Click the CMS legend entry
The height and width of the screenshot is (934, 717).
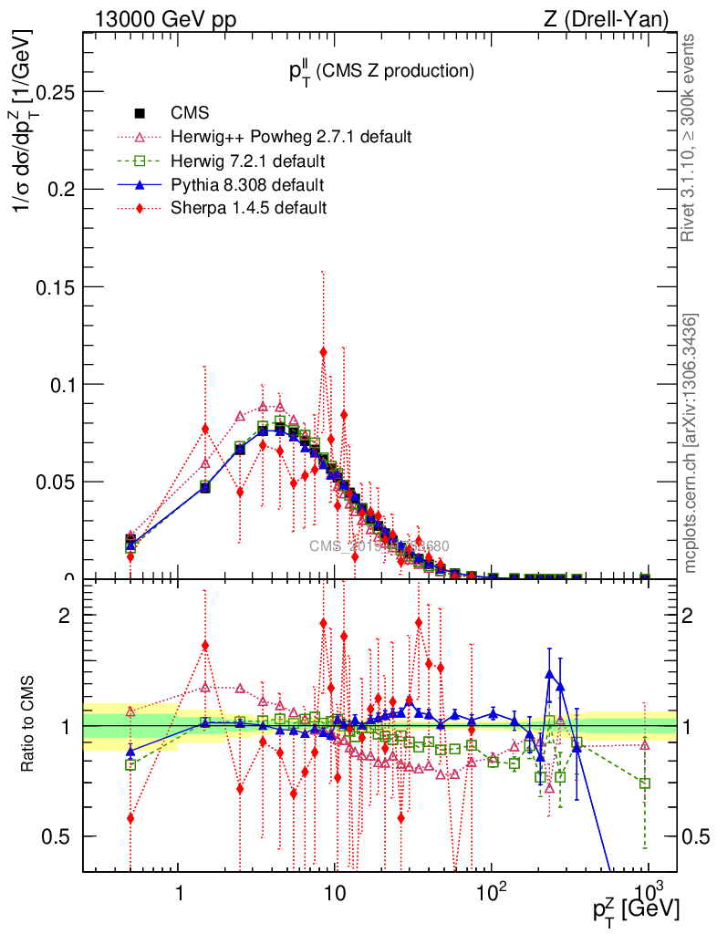pos(190,114)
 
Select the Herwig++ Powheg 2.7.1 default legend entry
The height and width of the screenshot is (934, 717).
pos(291,138)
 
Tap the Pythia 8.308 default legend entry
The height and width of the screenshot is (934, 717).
pos(248,185)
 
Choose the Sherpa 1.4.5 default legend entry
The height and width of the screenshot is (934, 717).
pos(249,208)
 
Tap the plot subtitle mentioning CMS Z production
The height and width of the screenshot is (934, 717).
pos(376,70)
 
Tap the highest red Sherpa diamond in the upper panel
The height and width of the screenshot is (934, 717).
pos(323,351)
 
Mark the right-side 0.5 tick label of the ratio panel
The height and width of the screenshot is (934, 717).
pos(697,836)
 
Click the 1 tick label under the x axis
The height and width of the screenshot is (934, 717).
pos(178,892)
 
